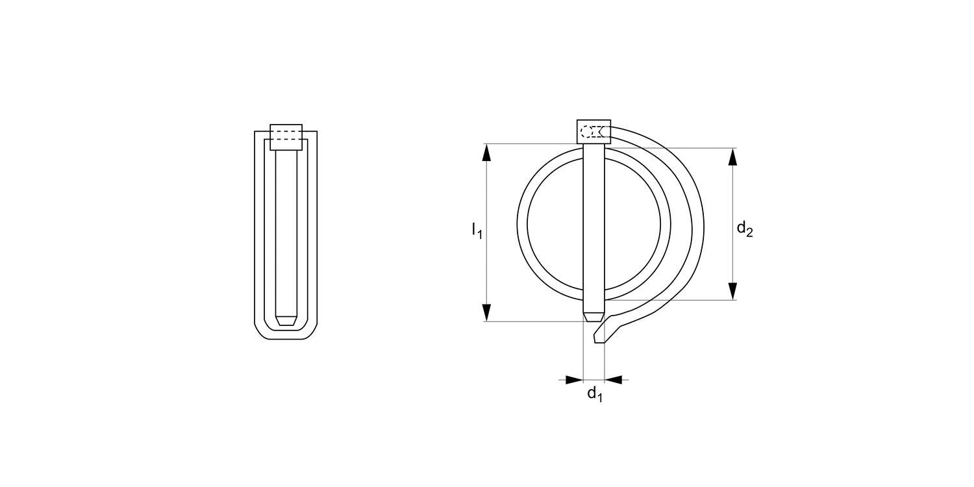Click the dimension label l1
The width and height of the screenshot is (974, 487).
point(477,230)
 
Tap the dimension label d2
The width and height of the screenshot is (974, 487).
point(744,229)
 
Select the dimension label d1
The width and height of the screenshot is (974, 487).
point(595,393)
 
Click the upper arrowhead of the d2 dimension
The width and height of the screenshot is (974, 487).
point(733,156)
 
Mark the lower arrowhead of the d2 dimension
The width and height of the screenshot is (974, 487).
point(733,292)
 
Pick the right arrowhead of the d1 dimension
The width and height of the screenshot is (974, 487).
point(614,379)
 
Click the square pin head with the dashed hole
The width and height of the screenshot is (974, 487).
point(593,132)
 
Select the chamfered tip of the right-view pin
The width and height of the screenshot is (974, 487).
point(593,318)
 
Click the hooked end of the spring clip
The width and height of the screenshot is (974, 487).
point(601,335)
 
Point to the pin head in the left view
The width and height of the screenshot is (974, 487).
point(286,137)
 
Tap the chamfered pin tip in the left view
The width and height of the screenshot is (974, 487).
point(286,321)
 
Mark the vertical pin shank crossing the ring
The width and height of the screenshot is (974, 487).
point(593,227)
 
